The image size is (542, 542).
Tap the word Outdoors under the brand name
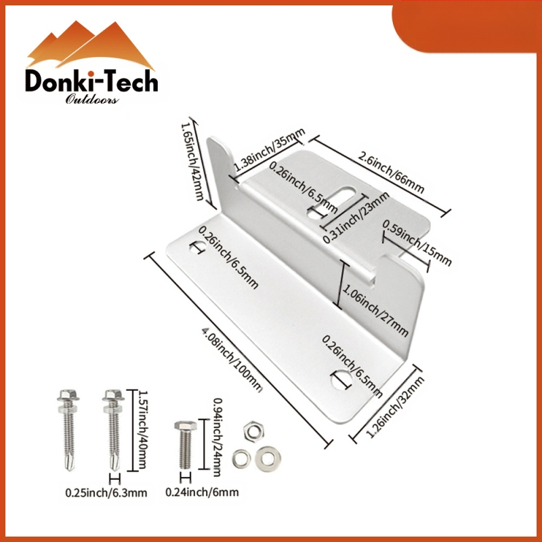pyautogui.click(x=93, y=100)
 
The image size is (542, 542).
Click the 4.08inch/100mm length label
pyautogui.click(x=230, y=359)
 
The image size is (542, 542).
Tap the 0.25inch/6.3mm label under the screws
pyautogui.click(x=106, y=493)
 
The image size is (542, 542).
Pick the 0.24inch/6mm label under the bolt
pyautogui.click(x=201, y=493)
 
